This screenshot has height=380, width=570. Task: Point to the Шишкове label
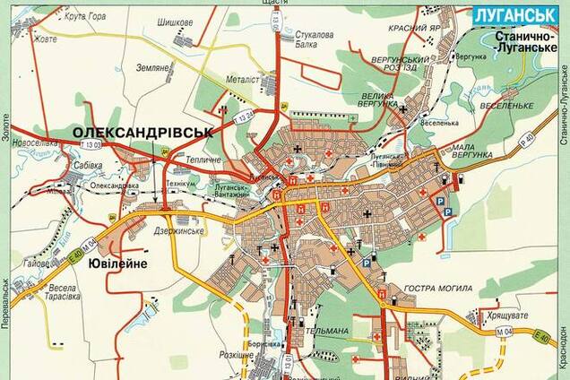(175, 22)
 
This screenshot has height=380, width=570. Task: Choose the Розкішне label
(237, 355)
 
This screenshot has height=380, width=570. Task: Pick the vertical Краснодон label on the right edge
(564, 345)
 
